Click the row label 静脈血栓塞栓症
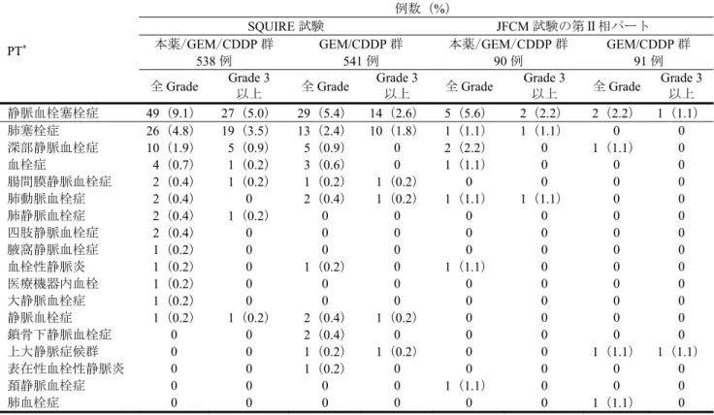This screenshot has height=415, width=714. coord(52,112)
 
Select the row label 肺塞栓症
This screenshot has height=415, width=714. coord(33,131)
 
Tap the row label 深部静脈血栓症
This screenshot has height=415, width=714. coord(52,147)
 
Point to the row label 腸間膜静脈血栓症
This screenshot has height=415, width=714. coord(59,181)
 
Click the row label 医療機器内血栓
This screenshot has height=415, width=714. coord(52,283)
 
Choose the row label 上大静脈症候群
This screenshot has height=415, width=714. coord(52,351)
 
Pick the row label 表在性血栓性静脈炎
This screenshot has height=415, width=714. coord(66,368)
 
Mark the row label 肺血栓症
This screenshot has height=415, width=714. coord(33,402)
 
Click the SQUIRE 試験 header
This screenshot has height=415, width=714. coord(285,26)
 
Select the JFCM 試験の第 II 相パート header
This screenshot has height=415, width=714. coord(572,26)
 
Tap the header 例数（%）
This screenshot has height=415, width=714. coord(422,8)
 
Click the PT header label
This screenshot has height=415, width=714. coord(16,50)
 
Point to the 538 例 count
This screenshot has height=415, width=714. coord(214,60)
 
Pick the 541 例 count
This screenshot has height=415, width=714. coord(361,60)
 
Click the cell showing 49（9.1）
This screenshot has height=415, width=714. coord(170,112)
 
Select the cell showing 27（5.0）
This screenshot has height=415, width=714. coord(245,112)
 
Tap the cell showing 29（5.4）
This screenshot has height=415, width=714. coord(321,112)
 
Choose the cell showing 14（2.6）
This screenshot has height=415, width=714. coord(394,112)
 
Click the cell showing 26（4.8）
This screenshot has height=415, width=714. coord(170,131)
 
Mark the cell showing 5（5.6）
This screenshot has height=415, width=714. coord(465,112)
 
